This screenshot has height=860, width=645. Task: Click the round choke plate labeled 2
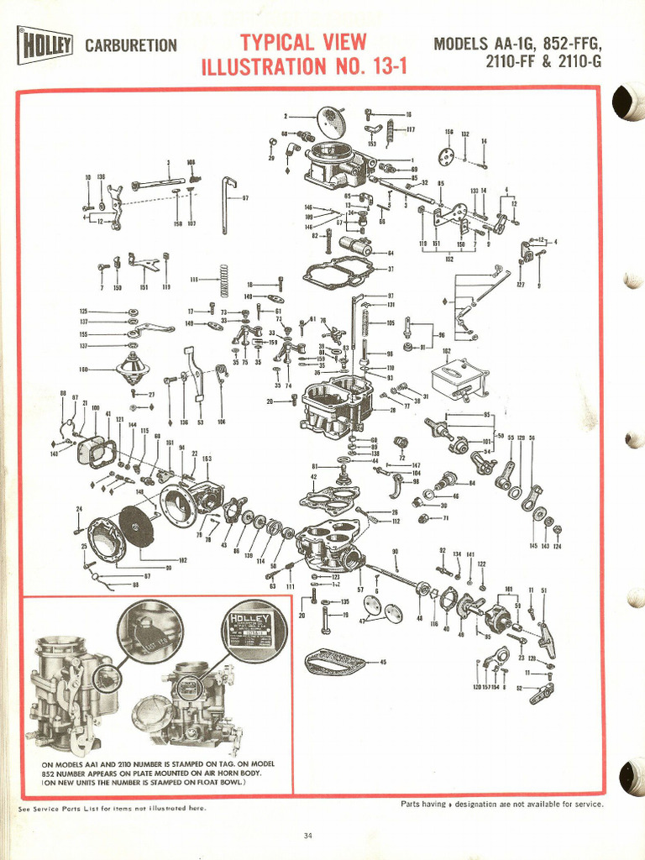point(331,123)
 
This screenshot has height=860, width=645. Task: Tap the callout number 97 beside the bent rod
point(245,198)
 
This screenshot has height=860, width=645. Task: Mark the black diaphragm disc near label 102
point(136,526)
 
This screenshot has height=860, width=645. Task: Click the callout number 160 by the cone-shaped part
point(83,369)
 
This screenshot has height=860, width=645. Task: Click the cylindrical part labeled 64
point(357,247)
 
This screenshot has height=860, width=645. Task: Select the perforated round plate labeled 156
point(446,155)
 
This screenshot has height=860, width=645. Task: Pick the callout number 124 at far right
point(557,547)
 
